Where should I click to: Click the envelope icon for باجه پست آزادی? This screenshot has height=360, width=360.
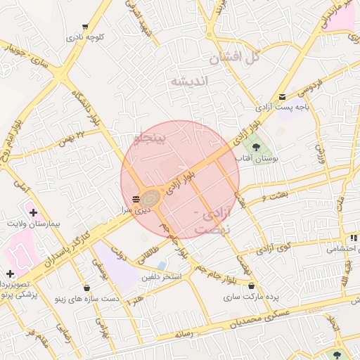coord(282,97)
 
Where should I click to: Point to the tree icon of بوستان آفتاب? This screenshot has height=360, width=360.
coord(256,147)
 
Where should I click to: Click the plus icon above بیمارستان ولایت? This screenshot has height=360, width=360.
coord(33,211)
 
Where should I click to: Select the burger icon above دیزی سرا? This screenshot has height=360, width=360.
coord(136,198)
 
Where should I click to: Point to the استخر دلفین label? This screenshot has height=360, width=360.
coord(161,277)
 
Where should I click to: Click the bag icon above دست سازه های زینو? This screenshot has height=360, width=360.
coord(86,288)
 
